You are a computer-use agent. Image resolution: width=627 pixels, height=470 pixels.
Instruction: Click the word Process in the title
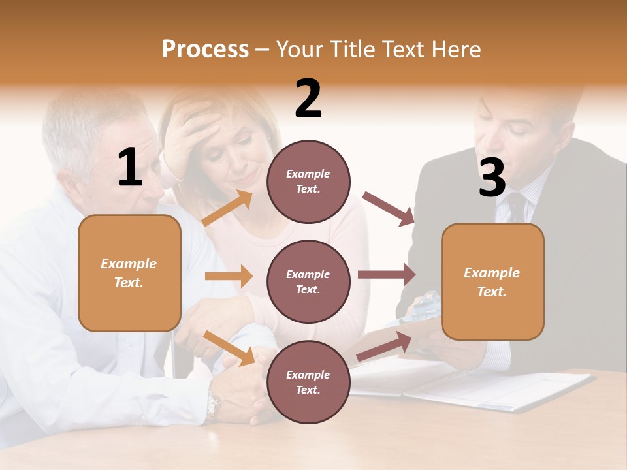[205, 50]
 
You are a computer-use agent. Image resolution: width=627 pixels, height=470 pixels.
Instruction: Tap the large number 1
[130, 168]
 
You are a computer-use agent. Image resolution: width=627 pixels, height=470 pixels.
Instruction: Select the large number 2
[308, 99]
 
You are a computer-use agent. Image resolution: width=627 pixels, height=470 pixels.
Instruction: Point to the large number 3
[492, 178]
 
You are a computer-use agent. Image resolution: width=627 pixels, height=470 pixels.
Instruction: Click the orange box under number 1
[129, 273]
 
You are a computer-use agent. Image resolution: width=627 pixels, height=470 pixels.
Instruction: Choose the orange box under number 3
[492, 282]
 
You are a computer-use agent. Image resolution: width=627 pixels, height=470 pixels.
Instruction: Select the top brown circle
[308, 181]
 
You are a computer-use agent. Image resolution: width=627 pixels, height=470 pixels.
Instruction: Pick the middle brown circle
[308, 281]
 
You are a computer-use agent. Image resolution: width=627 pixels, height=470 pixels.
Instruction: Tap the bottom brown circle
[308, 382]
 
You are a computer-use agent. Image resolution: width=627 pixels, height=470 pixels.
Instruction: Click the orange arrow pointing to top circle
[227, 208]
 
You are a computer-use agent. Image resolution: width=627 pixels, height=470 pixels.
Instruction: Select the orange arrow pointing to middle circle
[229, 276]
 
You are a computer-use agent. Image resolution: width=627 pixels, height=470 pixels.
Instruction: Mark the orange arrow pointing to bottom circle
[229, 347]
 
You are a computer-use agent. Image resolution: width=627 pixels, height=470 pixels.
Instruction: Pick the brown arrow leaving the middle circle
[387, 275]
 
